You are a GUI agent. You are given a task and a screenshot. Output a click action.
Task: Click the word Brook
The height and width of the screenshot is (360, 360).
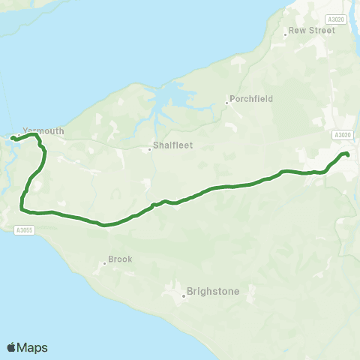pyautogui.click(x=121, y=259)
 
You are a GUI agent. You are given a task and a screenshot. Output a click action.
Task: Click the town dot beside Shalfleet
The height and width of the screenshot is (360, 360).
pyautogui.click(x=150, y=148)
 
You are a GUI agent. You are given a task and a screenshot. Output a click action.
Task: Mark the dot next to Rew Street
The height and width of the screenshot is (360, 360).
pyautogui.click(x=285, y=34)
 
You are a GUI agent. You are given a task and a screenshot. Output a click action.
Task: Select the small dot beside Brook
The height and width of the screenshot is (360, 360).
pyautogui.click(x=105, y=263)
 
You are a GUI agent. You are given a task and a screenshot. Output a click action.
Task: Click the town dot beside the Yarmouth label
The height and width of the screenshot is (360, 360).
pyautogui.click(x=20, y=136)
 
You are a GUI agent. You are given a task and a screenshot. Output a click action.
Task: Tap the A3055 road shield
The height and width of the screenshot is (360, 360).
pyautogui.click(x=24, y=231)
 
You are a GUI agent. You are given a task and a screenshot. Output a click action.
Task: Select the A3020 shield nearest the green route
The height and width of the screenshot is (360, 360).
pyautogui.click(x=341, y=135)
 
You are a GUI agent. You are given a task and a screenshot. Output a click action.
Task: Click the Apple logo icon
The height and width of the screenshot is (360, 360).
pyautogui.click(x=11, y=347)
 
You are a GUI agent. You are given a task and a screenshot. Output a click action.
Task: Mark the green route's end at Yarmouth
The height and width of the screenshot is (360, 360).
pyautogui.click(x=12, y=138)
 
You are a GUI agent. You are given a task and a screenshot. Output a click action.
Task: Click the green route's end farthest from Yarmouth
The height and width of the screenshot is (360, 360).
pyautogui.click(x=348, y=155)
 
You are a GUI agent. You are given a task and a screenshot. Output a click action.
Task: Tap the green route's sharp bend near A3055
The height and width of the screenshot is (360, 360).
pyautogui.click(x=22, y=203)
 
